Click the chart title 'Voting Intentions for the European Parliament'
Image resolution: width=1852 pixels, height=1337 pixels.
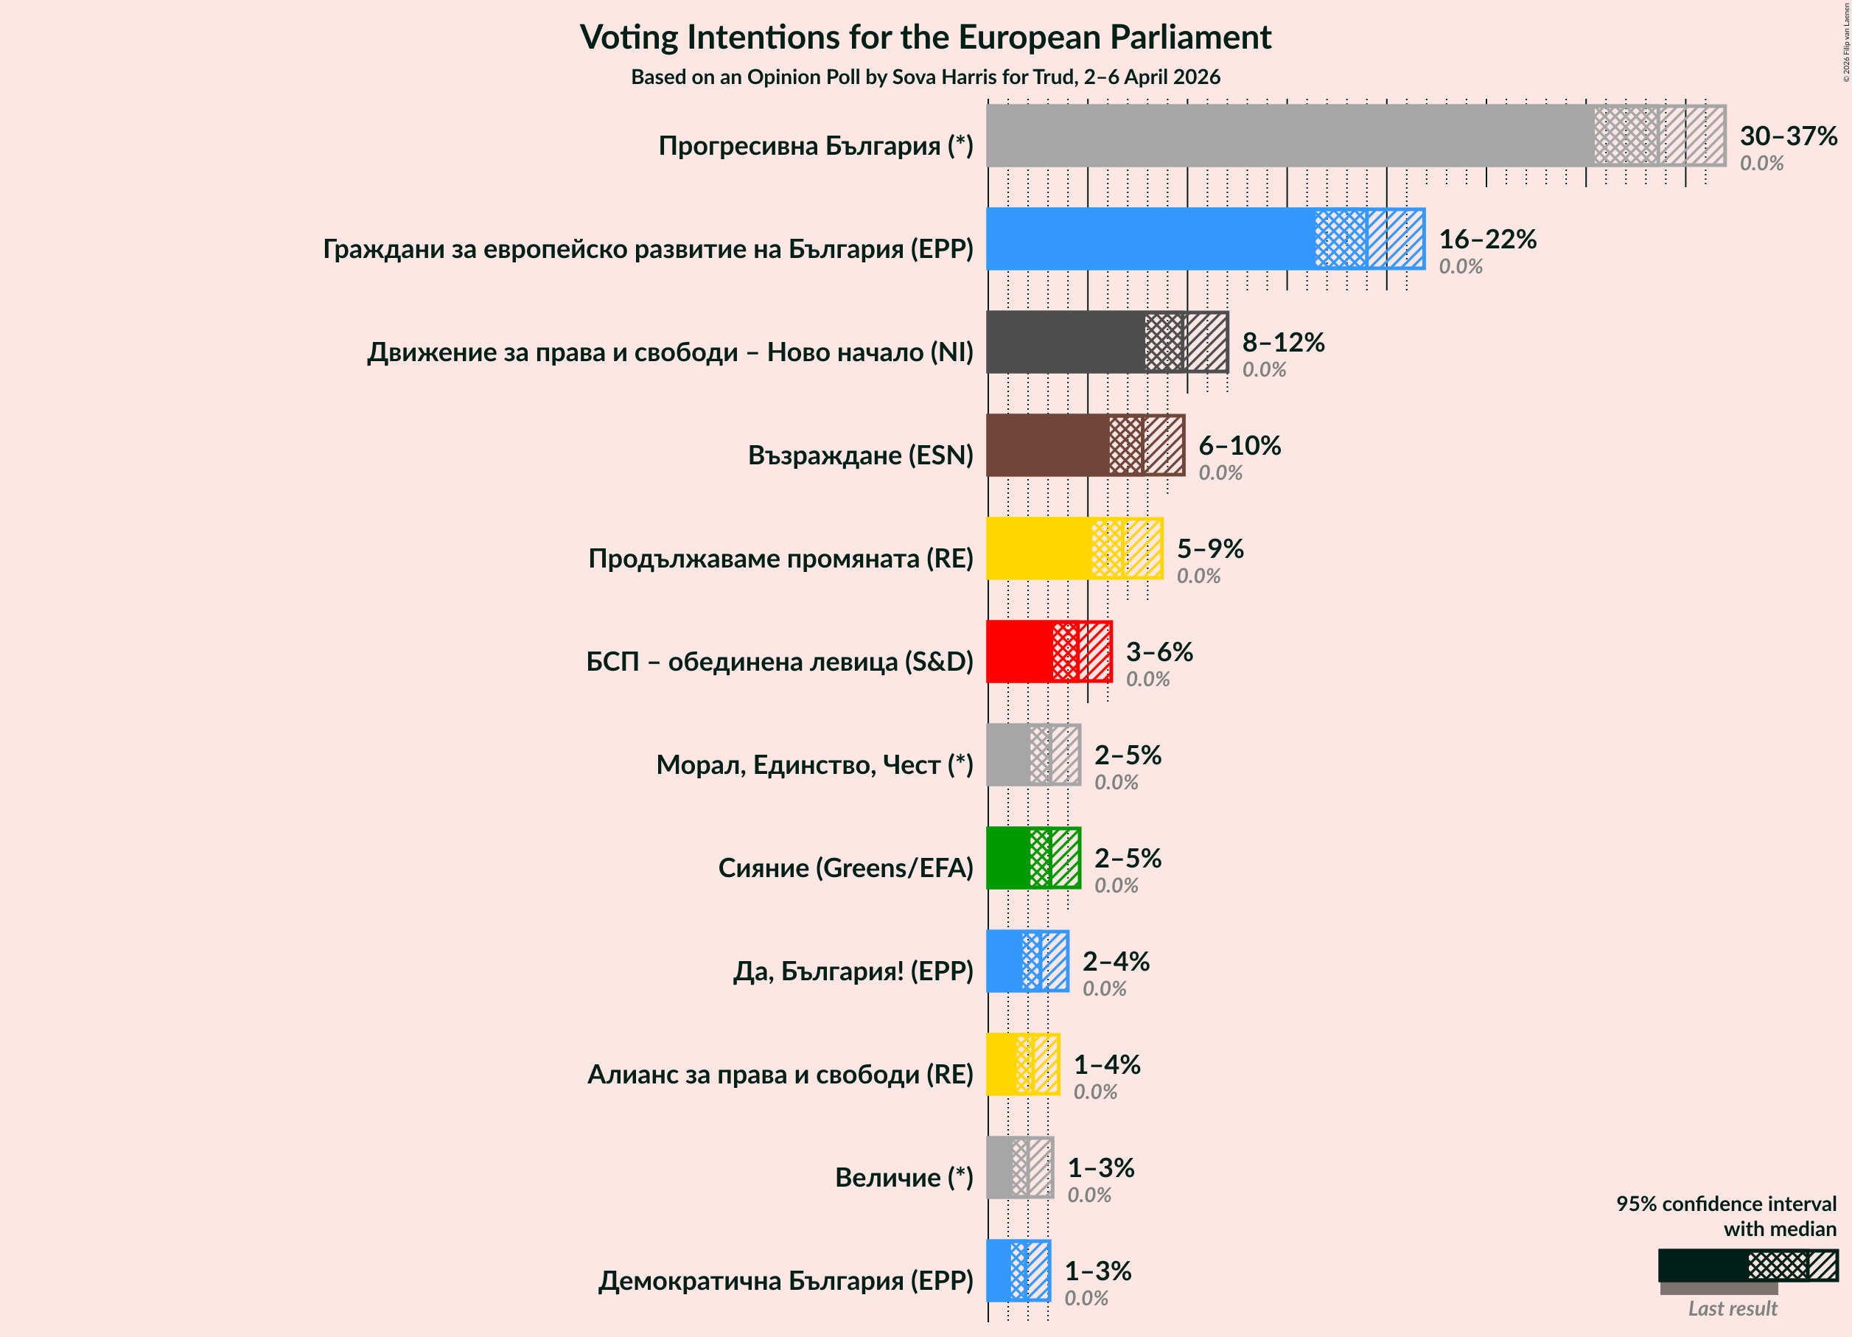click(x=925, y=38)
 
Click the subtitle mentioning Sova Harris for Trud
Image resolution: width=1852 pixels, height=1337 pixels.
click(x=925, y=77)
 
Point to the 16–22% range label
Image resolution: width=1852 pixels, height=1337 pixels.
click(x=1487, y=239)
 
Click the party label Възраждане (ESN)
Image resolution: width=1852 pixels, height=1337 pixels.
click(x=860, y=455)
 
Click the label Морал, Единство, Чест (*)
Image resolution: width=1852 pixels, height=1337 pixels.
click(x=814, y=764)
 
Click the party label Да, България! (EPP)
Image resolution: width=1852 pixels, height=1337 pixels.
click(x=853, y=971)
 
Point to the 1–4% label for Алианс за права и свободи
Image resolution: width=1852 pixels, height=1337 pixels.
click(x=1106, y=1064)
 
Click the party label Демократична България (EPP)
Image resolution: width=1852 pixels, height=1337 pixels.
click(x=785, y=1281)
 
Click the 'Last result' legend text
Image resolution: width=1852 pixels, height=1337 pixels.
click(x=1732, y=1308)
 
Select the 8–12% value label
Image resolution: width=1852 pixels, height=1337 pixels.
click(x=1283, y=342)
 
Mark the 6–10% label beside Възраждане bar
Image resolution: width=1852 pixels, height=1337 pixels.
click(x=1239, y=445)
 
